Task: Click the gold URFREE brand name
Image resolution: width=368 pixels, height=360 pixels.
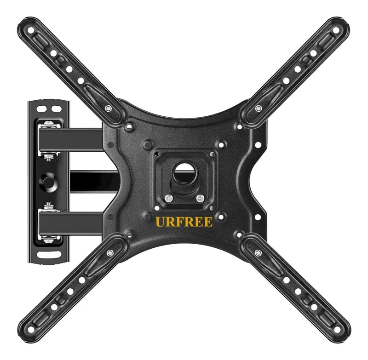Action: [x=184, y=222]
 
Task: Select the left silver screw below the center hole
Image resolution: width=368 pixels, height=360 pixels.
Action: [x=169, y=199]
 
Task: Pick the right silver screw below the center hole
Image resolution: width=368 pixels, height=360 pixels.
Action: [x=200, y=199]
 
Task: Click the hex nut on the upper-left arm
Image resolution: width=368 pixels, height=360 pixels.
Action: [x=108, y=109]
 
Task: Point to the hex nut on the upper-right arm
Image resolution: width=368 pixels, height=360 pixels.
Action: [x=258, y=109]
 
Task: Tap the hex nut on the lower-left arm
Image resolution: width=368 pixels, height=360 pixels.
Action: [x=109, y=253]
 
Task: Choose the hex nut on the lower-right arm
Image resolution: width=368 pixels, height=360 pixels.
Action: [x=258, y=253]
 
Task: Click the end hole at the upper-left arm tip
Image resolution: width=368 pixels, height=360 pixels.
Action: [x=30, y=30]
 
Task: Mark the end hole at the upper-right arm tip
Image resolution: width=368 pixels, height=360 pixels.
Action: [x=336, y=30]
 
